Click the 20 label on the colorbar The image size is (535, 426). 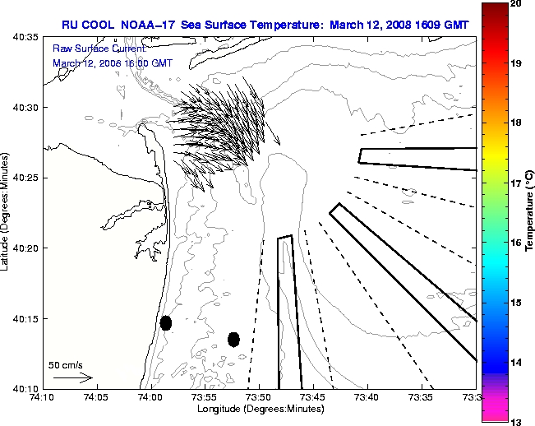(x=515, y=4)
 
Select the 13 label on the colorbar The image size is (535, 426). (x=515, y=421)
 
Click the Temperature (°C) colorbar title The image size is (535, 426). (x=530, y=212)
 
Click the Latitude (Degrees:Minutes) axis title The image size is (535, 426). (x=6, y=212)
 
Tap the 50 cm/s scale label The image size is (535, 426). (x=66, y=364)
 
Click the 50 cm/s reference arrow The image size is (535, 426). (x=72, y=377)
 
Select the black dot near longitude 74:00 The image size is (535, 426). (x=166, y=322)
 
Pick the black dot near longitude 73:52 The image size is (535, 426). (x=233, y=339)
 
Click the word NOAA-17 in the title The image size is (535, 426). (x=145, y=25)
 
